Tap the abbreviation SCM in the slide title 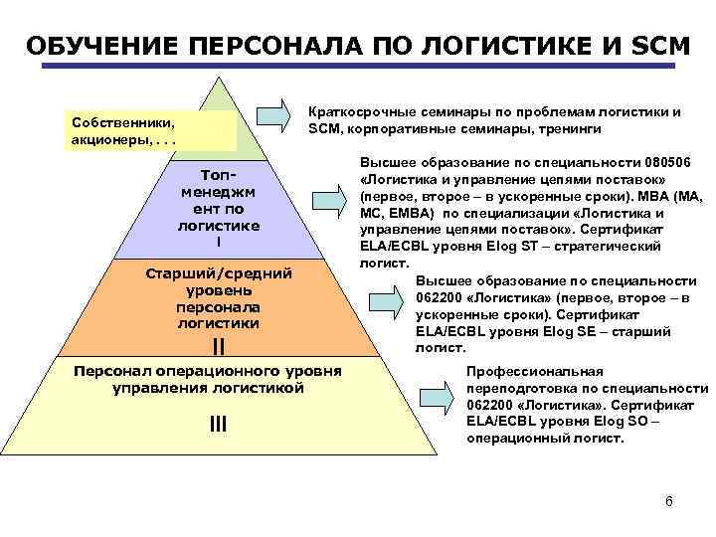(x=654, y=47)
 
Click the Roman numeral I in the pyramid (x=219, y=243)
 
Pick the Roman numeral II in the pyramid (x=219, y=346)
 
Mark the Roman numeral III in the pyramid (x=218, y=425)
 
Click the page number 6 (x=669, y=500)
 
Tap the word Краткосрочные (x=359, y=112)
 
